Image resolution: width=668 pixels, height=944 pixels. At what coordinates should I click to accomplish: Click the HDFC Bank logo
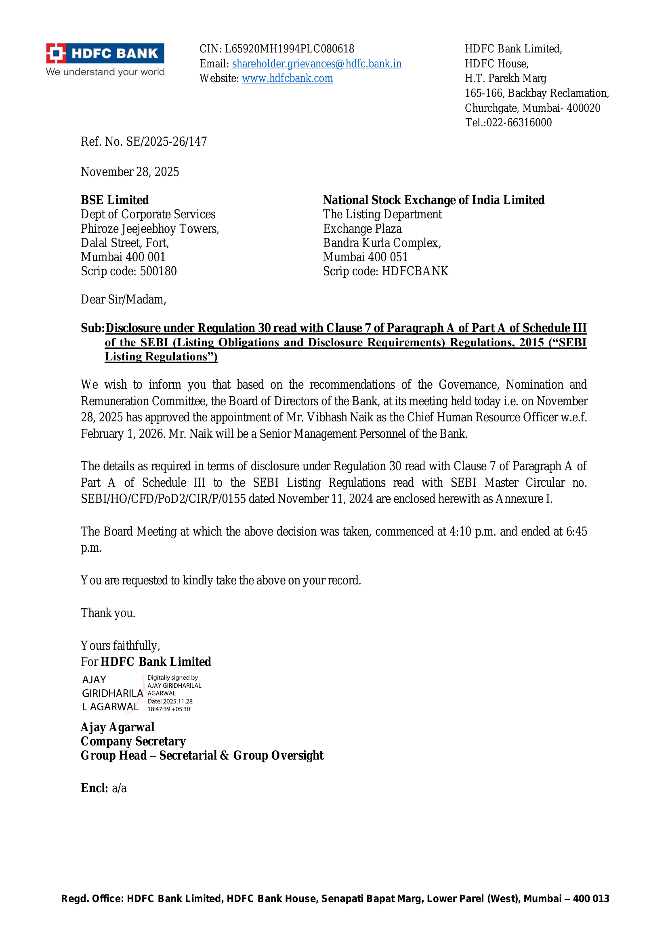coord(105,60)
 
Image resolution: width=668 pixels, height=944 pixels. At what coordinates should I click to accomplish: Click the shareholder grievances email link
coord(317,64)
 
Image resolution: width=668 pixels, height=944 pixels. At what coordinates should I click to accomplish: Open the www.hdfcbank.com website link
coord(287,79)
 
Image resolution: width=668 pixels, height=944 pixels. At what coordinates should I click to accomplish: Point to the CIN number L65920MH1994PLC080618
coord(289,49)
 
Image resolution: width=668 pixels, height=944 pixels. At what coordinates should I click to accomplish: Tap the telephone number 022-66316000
coord(519,123)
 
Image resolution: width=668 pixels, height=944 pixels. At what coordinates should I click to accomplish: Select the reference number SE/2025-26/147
coord(166,142)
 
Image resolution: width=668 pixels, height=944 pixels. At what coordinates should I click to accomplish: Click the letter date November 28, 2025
coord(130,172)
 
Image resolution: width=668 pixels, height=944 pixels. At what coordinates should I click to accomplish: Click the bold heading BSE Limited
coord(115,200)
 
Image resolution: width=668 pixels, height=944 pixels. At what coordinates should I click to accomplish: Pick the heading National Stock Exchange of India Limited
coord(433,200)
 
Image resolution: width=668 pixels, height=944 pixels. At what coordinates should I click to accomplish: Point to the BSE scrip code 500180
coord(158,271)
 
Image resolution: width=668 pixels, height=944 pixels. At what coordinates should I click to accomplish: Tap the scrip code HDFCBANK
coord(415,271)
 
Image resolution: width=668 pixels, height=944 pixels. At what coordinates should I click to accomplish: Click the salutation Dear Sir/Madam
coord(124,300)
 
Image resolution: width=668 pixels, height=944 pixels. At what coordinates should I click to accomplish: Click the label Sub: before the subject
coord(92,328)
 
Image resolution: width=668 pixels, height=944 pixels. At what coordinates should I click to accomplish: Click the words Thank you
coord(108,613)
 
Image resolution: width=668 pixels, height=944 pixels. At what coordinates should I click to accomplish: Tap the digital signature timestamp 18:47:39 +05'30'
coord(170,709)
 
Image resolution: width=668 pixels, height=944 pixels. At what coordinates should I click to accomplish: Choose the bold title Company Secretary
coord(133,741)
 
